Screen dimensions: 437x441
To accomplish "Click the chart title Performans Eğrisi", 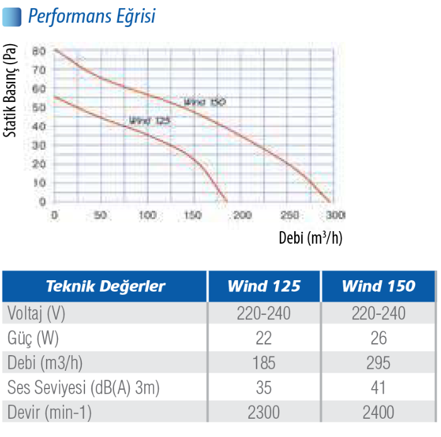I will click(92, 16).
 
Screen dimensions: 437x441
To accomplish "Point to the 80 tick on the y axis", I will click(41, 50).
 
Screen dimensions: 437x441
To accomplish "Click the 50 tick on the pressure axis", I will click(41, 107).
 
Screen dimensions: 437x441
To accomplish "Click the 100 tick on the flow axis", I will click(148, 215).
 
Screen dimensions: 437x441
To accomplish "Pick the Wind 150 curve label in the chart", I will click(204, 102).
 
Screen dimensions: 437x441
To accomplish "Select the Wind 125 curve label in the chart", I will click(150, 120).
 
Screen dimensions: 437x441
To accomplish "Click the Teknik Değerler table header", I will click(105, 287).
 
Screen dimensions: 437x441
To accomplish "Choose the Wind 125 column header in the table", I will click(264, 287).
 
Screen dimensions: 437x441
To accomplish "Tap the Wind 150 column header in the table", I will click(379, 287).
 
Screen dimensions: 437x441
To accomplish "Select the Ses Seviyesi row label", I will click(83, 388).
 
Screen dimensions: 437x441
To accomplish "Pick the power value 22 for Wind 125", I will click(264, 338).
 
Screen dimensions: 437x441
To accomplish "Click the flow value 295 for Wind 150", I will click(379, 363).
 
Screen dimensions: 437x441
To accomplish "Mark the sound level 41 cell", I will click(379, 388).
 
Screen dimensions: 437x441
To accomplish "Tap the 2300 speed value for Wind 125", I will click(264, 412).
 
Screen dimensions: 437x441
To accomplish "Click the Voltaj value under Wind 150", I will click(379, 313).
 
